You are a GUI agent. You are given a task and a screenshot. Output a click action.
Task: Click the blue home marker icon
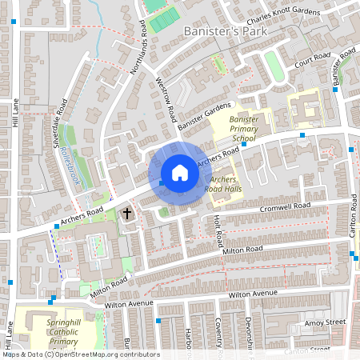(180, 173)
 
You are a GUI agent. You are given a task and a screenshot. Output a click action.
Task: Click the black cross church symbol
(126, 213)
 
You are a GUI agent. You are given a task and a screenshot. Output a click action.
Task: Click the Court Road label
(313, 60)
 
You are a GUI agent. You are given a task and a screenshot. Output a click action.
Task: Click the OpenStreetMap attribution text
(80, 354)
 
